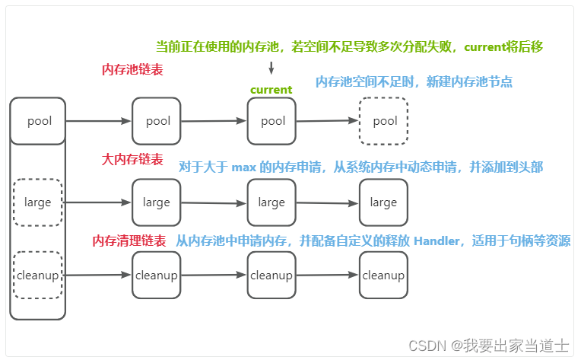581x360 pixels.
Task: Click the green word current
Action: click(271, 90)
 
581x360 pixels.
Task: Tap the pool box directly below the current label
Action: click(271, 121)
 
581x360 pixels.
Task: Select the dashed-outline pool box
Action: click(384, 121)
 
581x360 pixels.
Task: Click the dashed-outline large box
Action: click(38, 202)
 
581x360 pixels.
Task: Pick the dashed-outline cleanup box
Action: click(38, 276)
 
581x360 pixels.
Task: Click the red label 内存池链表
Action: click(132, 69)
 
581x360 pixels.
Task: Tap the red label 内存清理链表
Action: click(129, 241)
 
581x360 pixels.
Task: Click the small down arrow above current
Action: click(271, 68)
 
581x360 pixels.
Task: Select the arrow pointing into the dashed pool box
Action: click(327, 121)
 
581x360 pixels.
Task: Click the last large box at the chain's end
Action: click(383, 202)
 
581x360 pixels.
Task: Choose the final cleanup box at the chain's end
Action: click(383, 276)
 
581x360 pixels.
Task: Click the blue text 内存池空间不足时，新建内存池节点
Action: click(414, 81)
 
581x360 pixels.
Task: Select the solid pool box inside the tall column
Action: click(38, 121)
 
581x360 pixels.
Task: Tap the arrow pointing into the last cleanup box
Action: click(327, 276)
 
